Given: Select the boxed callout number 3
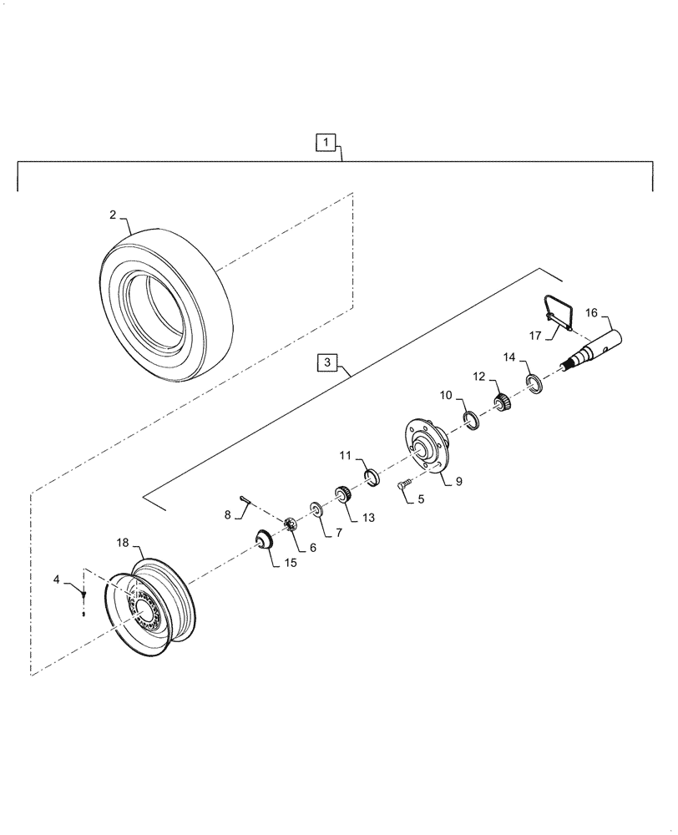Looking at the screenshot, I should [x=327, y=363].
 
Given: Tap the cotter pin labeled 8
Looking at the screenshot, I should [x=246, y=500].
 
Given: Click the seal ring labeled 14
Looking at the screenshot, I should [x=534, y=384].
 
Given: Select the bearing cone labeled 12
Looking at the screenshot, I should [x=503, y=403].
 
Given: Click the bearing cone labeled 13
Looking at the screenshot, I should [x=342, y=493].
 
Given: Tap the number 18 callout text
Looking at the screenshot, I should [x=122, y=544].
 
